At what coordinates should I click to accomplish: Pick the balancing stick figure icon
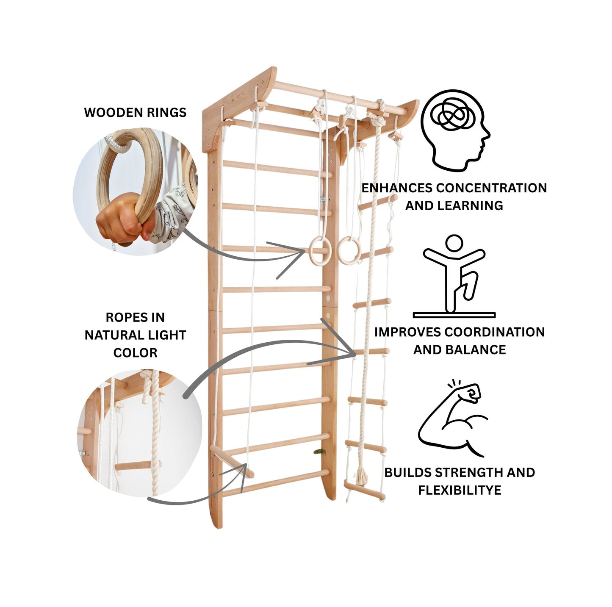pos(454,276)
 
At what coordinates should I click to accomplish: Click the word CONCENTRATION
pos(492,188)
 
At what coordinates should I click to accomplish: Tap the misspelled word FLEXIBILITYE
pos(460,491)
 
